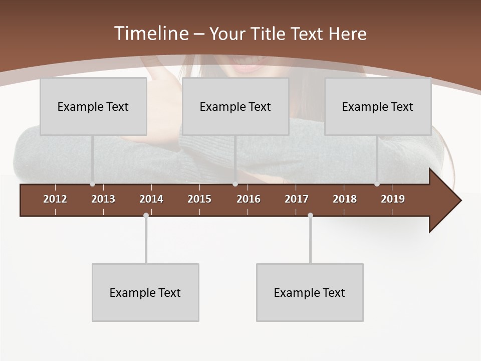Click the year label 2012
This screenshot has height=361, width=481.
coord(55,199)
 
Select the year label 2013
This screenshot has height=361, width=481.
coord(103,199)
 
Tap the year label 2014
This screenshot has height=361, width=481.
coord(151,199)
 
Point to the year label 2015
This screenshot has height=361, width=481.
coord(199,199)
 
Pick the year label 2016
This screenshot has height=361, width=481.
coord(249,199)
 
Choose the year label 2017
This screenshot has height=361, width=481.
coord(297,199)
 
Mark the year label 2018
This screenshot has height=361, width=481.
coord(345,199)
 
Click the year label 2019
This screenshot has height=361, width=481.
coord(393,199)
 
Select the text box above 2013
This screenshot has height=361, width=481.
coord(93,106)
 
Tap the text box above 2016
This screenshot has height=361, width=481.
coord(235,106)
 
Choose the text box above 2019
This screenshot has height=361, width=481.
coord(378,106)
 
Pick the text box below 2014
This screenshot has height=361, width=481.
coord(145,292)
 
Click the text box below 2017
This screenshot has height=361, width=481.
coord(310,292)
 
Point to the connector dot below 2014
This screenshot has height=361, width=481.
coord(146,216)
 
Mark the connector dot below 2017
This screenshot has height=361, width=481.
coord(310,216)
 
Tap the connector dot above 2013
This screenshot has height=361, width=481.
coord(92,184)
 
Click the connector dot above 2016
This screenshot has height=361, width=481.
coord(235,184)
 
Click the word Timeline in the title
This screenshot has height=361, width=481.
coord(151,34)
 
